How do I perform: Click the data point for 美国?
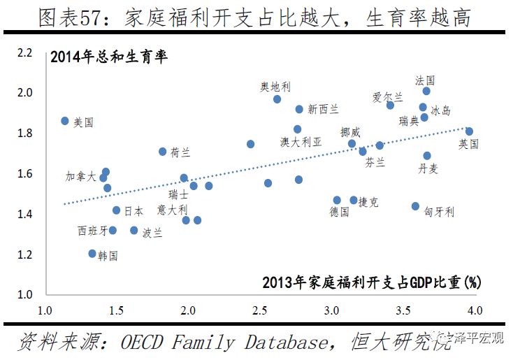65,121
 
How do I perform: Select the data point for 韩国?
92,254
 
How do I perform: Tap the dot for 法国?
426,91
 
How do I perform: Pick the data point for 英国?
469,131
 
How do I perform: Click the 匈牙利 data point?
415,206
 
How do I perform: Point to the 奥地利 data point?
277,99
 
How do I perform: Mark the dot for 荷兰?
163,151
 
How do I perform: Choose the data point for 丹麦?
427,156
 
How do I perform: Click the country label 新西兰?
323,109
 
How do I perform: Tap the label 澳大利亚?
301,142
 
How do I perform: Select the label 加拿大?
80,177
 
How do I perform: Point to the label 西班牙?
92,231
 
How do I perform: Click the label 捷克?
368,202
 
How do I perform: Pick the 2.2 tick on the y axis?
26,52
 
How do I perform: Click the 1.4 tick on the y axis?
26,214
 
